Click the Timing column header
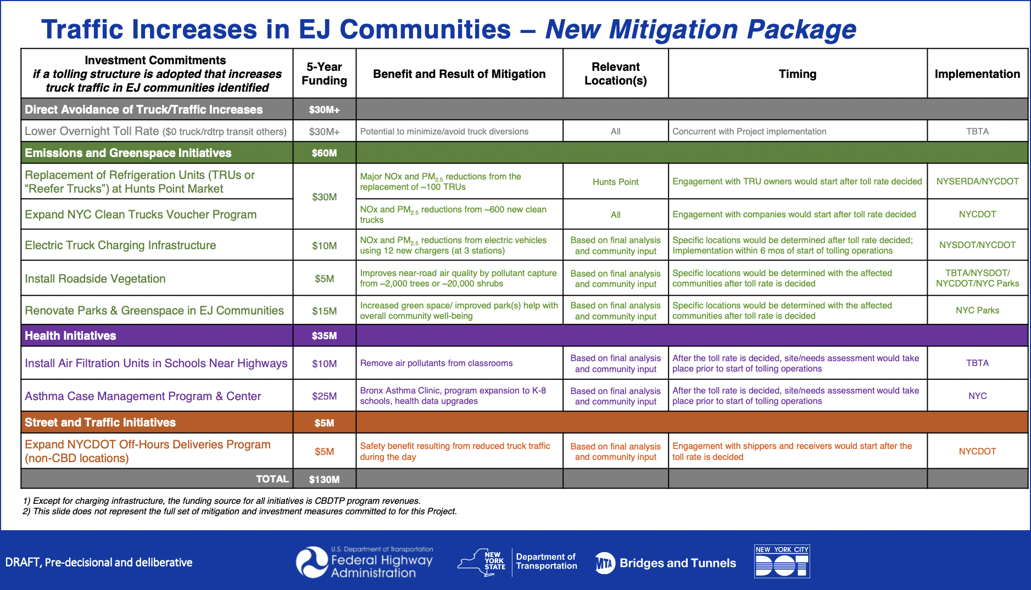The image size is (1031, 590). pos(797,74)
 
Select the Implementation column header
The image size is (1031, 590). pos(977,74)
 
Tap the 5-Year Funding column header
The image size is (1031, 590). pos(324,74)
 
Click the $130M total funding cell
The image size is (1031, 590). pos(324,479)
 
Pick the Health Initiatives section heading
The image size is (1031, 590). pos(70,336)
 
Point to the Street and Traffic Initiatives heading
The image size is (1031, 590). pos(100,423)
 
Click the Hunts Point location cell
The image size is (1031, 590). pos(615,182)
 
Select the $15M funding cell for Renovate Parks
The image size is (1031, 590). pos(324,311)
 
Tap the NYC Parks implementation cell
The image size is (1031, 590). pos(977,311)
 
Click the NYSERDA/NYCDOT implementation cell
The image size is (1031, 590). pos(977,182)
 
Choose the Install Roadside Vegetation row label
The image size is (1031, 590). pos(95,279)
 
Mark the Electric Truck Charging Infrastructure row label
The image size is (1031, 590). pos(120,245)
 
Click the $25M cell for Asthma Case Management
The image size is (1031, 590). pos(324,396)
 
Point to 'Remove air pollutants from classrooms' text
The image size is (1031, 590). pos(436,363)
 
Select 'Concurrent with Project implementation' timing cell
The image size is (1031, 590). pos(749,132)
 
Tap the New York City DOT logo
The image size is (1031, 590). pos(782,561)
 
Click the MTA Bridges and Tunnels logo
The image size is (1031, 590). pos(666,563)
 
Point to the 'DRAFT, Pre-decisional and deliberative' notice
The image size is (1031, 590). pos(99,563)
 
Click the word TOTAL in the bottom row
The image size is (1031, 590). pos(272,479)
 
